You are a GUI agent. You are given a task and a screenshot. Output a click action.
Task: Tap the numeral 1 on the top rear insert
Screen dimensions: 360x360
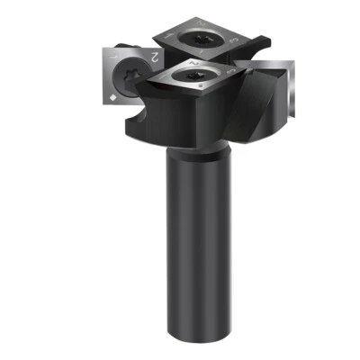[166, 36]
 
